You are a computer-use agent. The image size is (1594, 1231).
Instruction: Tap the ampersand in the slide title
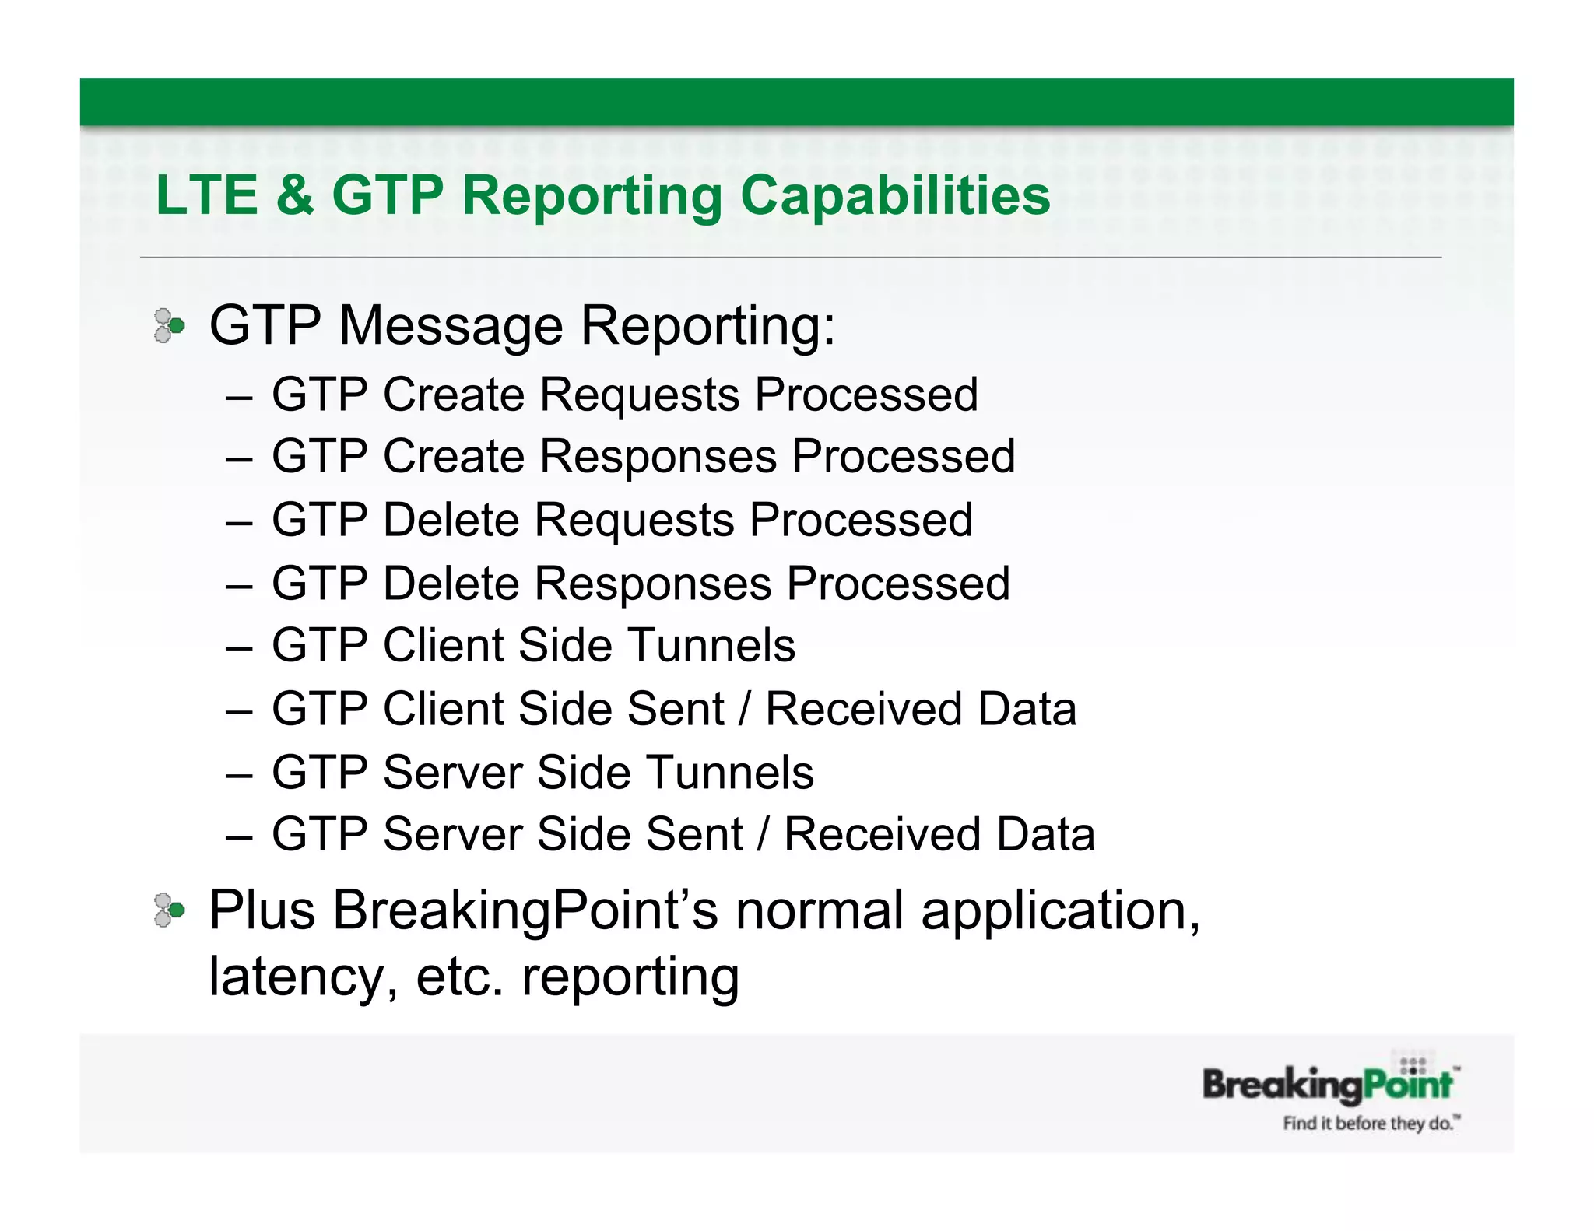click(294, 195)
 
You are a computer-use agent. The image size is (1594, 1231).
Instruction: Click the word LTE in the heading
click(206, 195)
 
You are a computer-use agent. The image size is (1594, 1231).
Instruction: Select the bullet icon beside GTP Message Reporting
click(169, 325)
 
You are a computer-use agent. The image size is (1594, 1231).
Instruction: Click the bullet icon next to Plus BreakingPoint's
click(169, 910)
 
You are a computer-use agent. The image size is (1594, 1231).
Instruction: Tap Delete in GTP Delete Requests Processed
click(451, 520)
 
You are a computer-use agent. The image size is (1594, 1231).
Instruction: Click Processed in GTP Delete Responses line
click(898, 584)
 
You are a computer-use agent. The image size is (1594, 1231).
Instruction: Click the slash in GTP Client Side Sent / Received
click(745, 710)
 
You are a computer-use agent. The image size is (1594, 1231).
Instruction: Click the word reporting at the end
click(630, 978)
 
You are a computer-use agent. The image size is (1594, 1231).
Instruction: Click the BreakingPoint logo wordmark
click(1327, 1085)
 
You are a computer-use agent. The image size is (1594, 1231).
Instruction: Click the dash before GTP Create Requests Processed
click(239, 397)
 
